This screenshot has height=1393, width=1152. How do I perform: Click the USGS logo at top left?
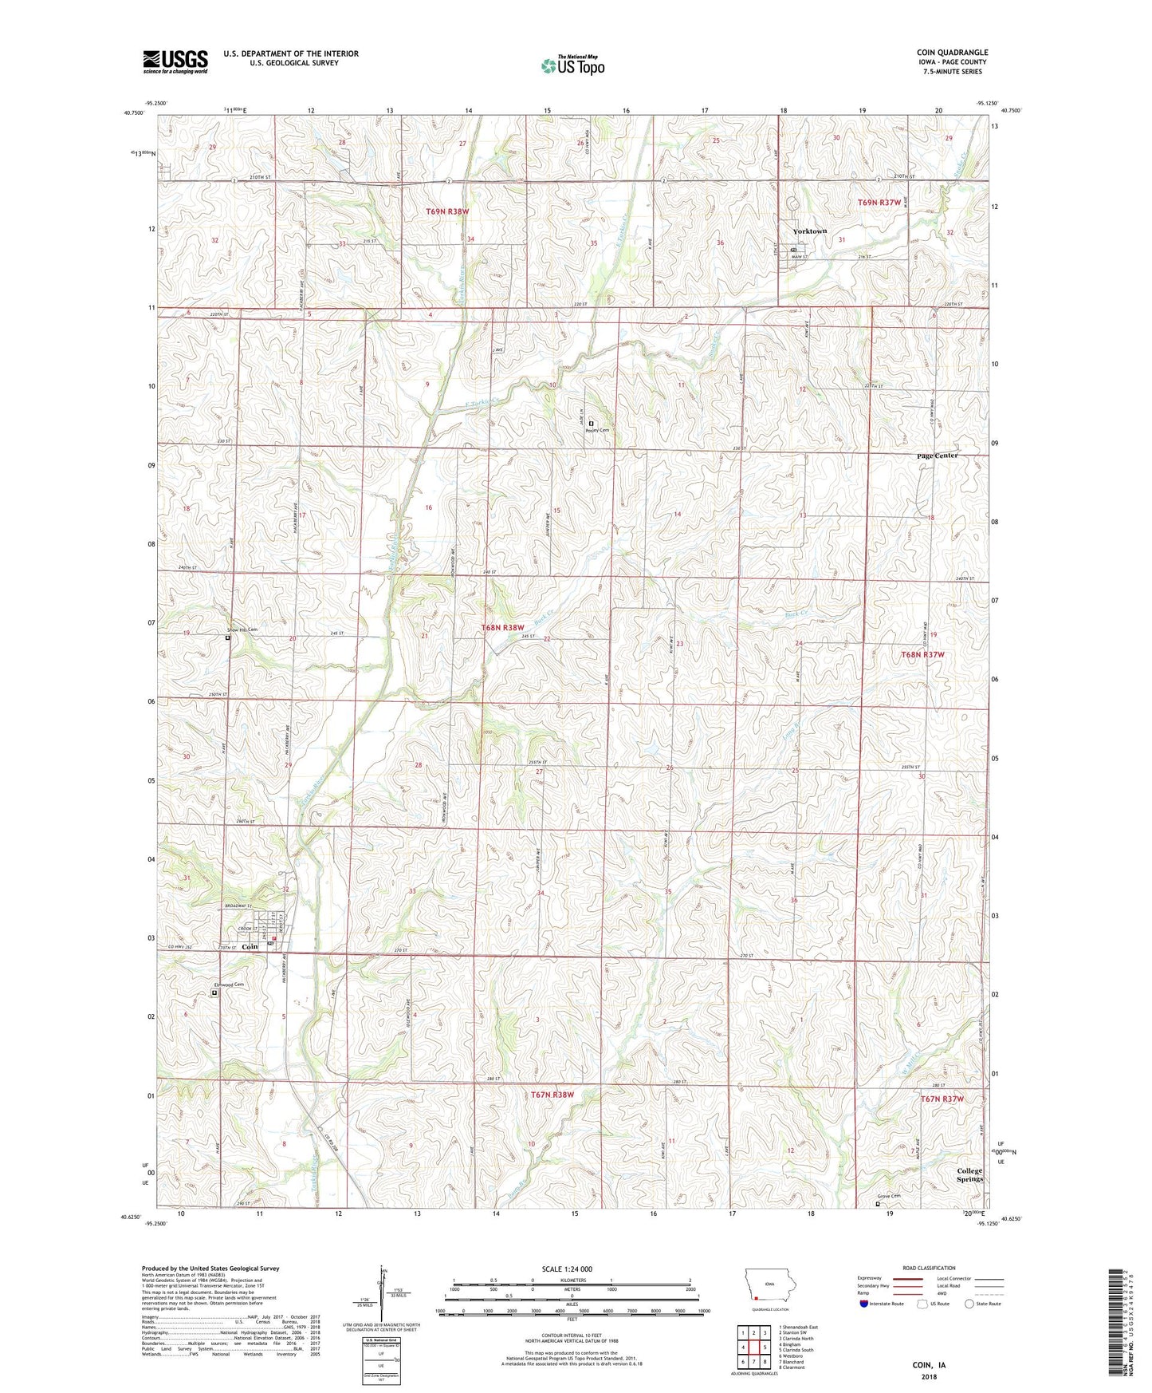coord(175,61)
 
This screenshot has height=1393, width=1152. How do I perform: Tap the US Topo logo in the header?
coord(572,65)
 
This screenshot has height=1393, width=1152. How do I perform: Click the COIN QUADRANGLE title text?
coord(952,53)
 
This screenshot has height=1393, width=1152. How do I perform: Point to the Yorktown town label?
coord(809,231)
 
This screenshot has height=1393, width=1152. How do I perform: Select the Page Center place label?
coord(937,456)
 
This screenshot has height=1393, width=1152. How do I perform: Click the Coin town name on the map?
coord(250,946)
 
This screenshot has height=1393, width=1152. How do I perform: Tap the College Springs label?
coord(969,1174)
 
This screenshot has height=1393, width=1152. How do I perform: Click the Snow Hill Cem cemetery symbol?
coord(227,638)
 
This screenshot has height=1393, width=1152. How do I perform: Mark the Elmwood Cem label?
coord(228,985)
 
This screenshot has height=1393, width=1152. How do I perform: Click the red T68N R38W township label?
coord(503,628)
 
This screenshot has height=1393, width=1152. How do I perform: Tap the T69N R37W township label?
coord(879,203)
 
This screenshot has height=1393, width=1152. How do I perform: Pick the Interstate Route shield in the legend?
coord(863,1304)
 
